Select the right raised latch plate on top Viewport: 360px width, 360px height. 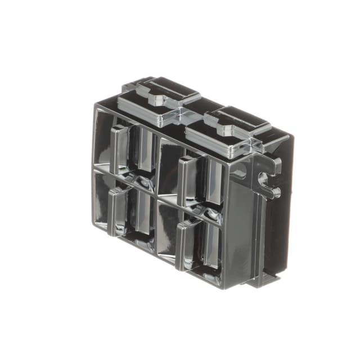click(228, 127)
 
